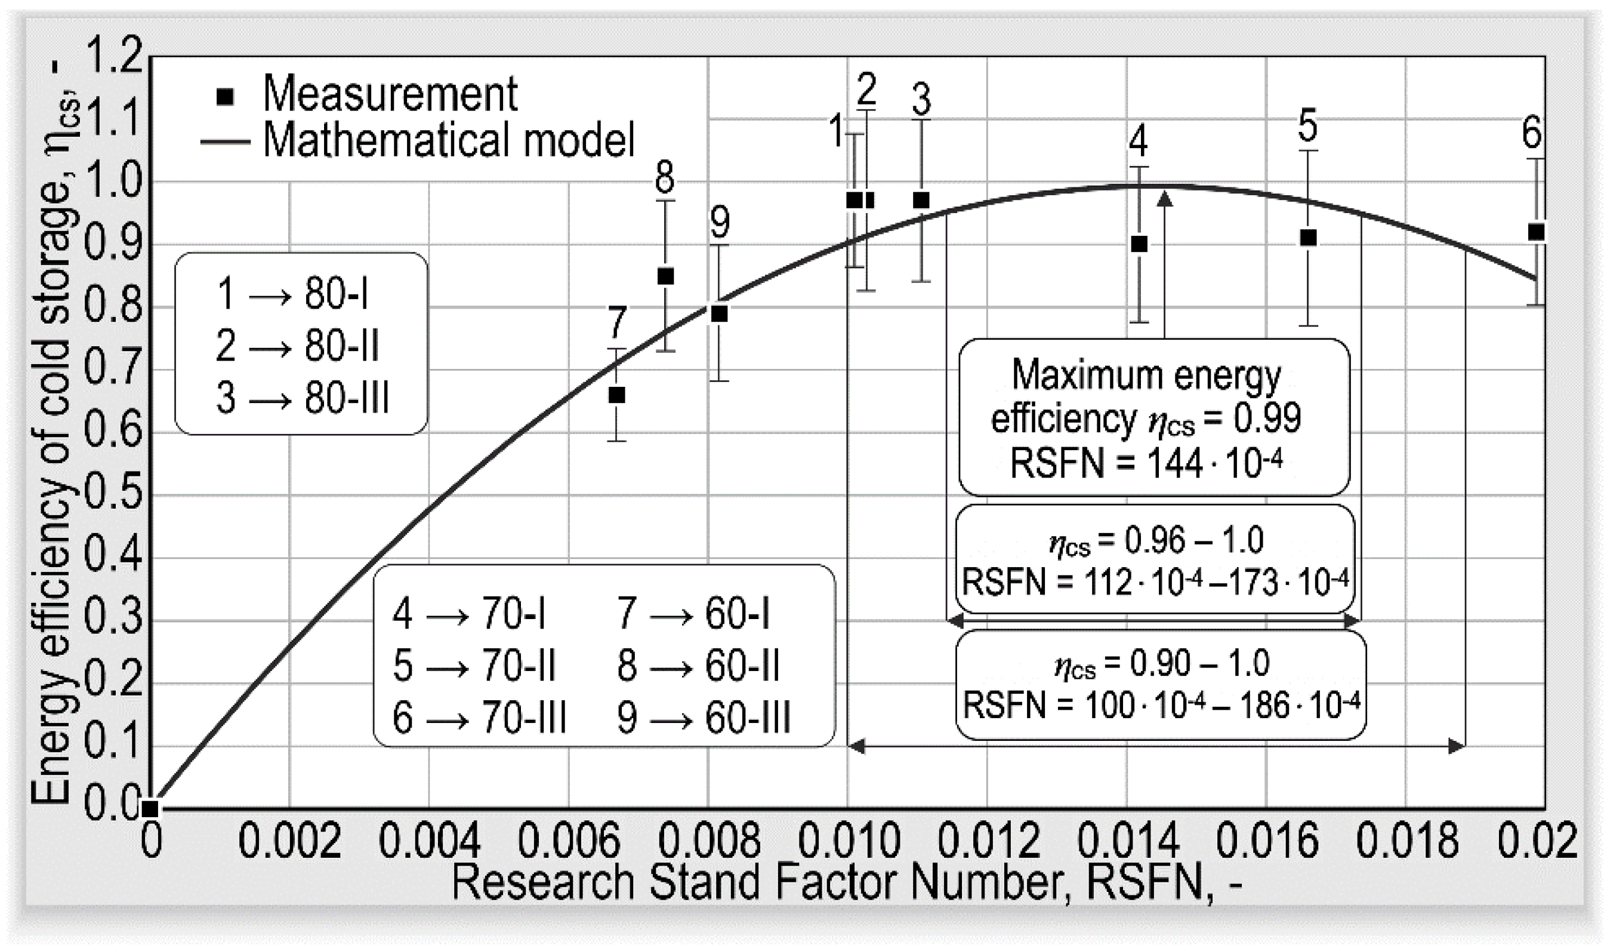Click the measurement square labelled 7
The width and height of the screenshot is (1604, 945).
616,395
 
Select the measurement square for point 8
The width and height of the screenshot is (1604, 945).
665,276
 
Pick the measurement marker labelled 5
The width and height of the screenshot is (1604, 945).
1308,238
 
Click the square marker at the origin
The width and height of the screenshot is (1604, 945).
150,808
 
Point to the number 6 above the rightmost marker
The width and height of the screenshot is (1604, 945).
1532,134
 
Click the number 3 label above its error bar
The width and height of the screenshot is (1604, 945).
921,99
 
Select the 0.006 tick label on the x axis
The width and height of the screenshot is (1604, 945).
569,841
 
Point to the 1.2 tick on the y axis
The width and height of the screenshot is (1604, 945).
113,56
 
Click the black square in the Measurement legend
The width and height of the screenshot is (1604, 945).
226,97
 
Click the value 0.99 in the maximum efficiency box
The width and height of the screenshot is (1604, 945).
1267,418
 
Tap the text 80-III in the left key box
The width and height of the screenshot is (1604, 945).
346,398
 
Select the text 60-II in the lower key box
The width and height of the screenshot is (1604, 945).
742,666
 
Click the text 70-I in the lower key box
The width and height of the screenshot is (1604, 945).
513,614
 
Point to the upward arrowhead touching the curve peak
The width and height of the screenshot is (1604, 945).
1164,199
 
